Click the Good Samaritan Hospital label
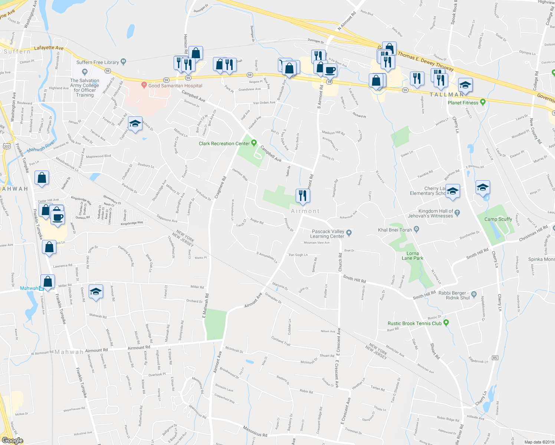pyautogui.click(x=175, y=86)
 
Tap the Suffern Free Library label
pyautogui.click(x=98, y=62)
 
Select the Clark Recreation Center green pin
pyautogui.click(x=254, y=143)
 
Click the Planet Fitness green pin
pyautogui.click(x=483, y=102)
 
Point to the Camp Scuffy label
pyautogui.click(x=498, y=219)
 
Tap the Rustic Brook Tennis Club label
pyautogui.click(x=414, y=323)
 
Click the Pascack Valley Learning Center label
pyautogui.click(x=328, y=234)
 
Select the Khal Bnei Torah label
pyautogui.click(x=395, y=230)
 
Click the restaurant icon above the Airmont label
pyautogui.click(x=303, y=195)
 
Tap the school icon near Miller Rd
pyautogui.click(x=96, y=291)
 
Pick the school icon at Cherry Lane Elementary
pyautogui.click(x=453, y=191)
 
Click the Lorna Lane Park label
pyautogui.click(x=412, y=256)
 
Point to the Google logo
pyautogui.click(x=12, y=441)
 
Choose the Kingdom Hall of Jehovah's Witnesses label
pyautogui.click(x=430, y=213)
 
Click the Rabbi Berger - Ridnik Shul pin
pyautogui.click(x=474, y=295)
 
